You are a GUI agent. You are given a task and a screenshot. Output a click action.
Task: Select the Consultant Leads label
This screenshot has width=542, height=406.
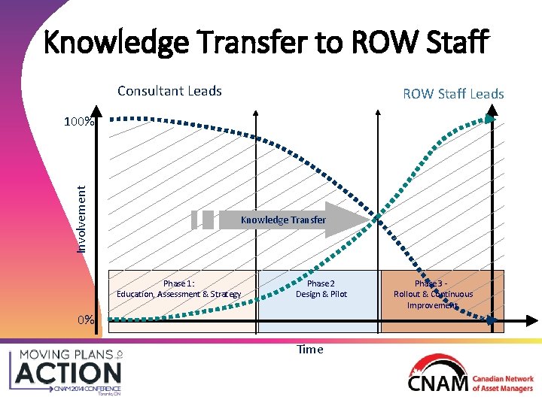169,91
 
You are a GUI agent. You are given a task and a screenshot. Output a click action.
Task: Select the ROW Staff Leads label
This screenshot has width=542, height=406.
453,94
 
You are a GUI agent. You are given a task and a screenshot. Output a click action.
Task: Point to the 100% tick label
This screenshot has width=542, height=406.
78,121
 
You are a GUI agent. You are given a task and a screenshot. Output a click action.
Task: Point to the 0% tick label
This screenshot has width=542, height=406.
86,320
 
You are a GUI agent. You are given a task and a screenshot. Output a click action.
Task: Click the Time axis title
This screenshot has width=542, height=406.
309,349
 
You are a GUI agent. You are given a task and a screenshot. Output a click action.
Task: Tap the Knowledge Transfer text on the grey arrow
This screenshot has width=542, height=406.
283,220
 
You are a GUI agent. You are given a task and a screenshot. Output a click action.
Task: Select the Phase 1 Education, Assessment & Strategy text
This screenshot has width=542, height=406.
179,289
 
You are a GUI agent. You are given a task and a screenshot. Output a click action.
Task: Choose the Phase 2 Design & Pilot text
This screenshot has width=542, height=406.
321,289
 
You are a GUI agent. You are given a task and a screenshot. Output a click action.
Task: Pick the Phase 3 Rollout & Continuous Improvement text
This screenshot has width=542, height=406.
434,294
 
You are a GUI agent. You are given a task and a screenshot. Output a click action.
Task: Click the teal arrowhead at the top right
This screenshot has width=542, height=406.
491,118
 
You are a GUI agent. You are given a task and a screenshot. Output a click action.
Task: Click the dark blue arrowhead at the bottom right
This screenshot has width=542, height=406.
491,320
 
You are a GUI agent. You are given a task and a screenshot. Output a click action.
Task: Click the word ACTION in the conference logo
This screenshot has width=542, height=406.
69,371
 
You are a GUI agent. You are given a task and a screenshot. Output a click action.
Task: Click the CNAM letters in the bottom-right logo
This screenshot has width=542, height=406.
437,383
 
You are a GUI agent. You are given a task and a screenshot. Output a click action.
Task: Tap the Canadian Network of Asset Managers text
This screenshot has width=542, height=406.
503,383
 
